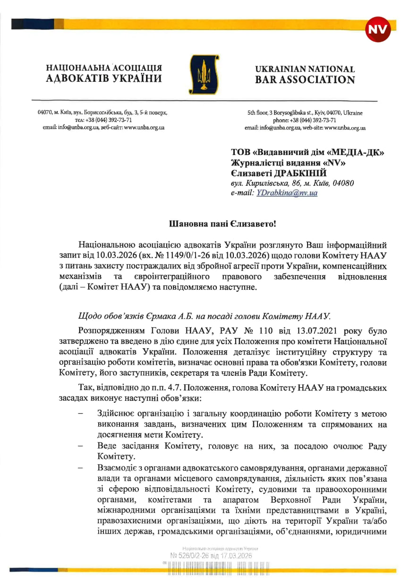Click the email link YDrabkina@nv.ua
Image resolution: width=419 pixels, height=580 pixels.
tap(287, 193)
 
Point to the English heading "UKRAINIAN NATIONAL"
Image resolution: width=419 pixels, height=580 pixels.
tap(305, 69)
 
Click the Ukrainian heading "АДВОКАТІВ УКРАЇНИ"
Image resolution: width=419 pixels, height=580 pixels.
tap(103, 78)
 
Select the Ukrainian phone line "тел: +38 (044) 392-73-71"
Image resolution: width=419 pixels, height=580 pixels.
tap(103, 120)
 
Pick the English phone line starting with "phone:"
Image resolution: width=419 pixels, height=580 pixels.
tap(305, 120)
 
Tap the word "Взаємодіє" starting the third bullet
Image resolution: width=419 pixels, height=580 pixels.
tap(119, 468)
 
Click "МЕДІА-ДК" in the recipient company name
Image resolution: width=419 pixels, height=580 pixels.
tap(356, 153)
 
